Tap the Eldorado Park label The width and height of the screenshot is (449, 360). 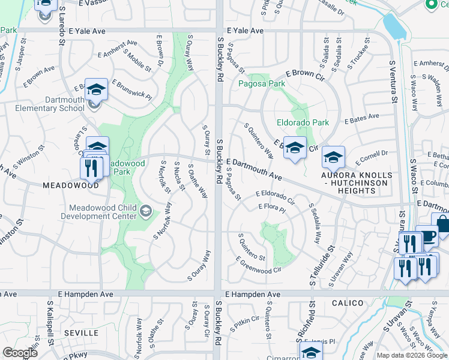pyautogui.click(x=303, y=122)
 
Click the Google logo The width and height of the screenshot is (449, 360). pyautogui.click(x=20, y=353)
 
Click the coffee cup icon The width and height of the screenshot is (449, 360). pyautogui.click(x=427, y=236)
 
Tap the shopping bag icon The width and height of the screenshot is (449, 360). pyautogui.click(x=442, y=223)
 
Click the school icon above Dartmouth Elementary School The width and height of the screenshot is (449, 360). pyautogui.click(x=96, y=89)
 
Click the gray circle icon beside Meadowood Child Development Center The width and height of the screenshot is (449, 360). pyautogui.click(x=146, y=211)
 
